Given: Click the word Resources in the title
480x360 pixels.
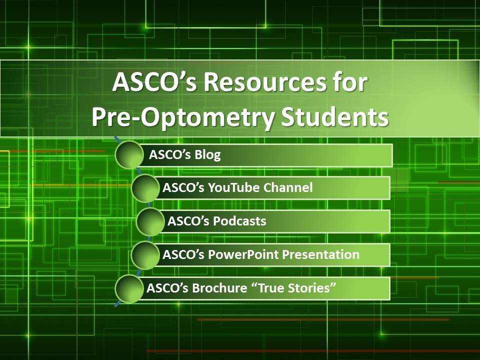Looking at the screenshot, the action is (x=265, y=82).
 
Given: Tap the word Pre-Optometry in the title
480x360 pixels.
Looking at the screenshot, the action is (x=183, y=118).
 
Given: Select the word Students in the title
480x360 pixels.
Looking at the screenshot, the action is (x=335, y=117).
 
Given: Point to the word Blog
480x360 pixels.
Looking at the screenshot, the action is (x=207, y=154).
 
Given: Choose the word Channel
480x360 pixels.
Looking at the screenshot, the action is (x=288, y=187).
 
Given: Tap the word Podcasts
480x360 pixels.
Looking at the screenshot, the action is (x=239, y=220).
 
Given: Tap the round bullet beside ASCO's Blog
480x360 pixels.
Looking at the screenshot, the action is (x=129, y=154).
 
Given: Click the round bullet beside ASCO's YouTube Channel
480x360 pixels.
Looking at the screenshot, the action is (x=145, y=188).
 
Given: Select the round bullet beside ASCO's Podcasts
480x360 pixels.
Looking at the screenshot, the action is (x=150, y=221).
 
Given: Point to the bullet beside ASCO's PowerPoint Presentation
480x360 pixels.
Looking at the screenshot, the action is (x=145, y=255).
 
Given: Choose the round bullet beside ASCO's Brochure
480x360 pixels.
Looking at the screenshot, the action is (x=129, y=288).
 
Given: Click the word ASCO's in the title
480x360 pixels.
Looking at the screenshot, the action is (x=154, y=82).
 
